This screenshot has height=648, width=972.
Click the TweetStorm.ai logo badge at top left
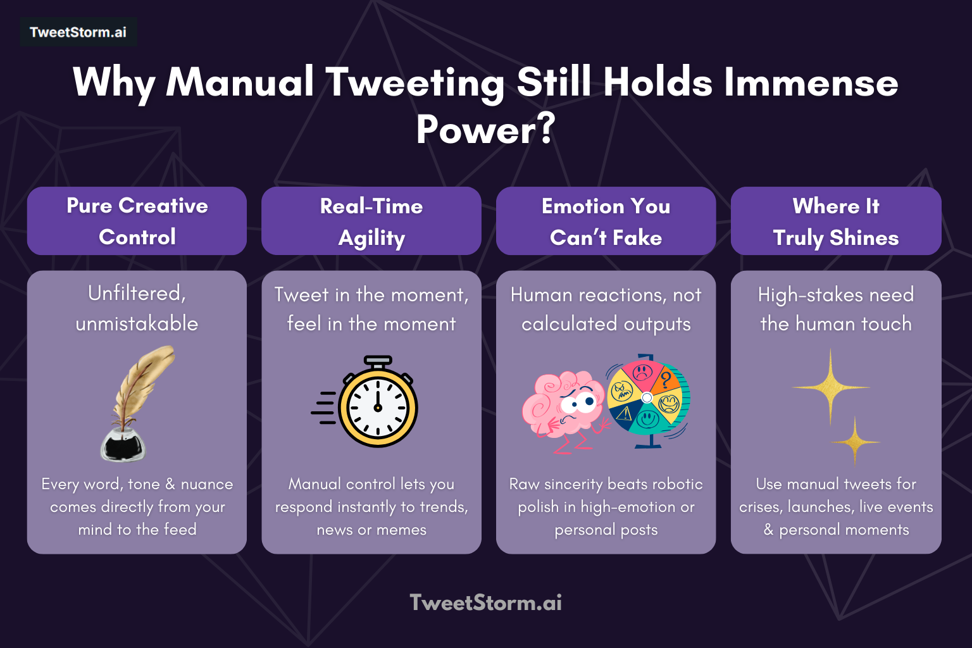(x=78, y=32)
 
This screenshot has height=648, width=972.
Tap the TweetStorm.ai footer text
(x=485, y=602)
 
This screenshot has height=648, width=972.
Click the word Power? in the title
(x=485, y=130)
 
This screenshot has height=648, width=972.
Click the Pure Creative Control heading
(x=137, y=221)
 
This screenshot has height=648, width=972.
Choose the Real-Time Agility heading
(x=371, y=221)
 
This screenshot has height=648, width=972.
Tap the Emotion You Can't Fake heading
(x=606, y=221)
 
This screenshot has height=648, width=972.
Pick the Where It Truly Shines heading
(x=835, y=221)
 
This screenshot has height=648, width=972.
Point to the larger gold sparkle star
(x=830, y=387)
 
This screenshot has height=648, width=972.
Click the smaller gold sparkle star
(x=855, y=441)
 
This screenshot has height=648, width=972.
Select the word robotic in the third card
(x=678, y=484)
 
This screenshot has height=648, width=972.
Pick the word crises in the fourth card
(x=759, y=507)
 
